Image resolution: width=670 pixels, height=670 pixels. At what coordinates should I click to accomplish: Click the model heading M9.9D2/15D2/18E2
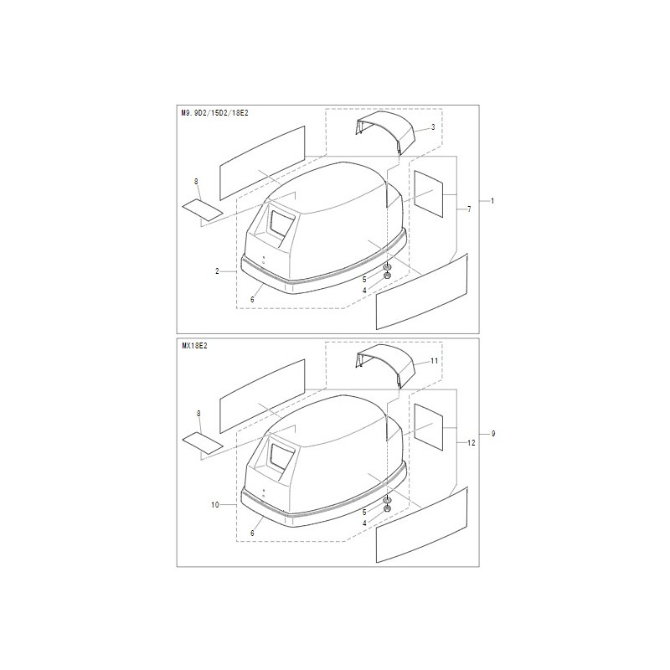click(215, 113)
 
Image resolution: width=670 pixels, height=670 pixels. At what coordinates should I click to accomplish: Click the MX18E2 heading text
click(194, 346)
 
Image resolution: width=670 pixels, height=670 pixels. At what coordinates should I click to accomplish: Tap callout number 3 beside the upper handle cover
click(433, 127)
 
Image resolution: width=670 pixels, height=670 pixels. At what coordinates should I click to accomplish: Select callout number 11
click(434, 361)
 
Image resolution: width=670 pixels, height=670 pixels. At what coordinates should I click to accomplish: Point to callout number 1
click(492, 201)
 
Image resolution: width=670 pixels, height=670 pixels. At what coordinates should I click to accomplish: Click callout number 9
click(493, 434)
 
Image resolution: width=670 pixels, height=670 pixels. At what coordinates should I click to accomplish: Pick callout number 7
click(469, 209)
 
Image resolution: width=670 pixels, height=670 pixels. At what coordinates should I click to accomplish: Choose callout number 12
click(472, 443)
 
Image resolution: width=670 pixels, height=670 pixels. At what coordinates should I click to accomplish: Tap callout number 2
click(217, 271)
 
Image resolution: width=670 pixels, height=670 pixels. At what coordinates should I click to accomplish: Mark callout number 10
click(215, 505)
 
